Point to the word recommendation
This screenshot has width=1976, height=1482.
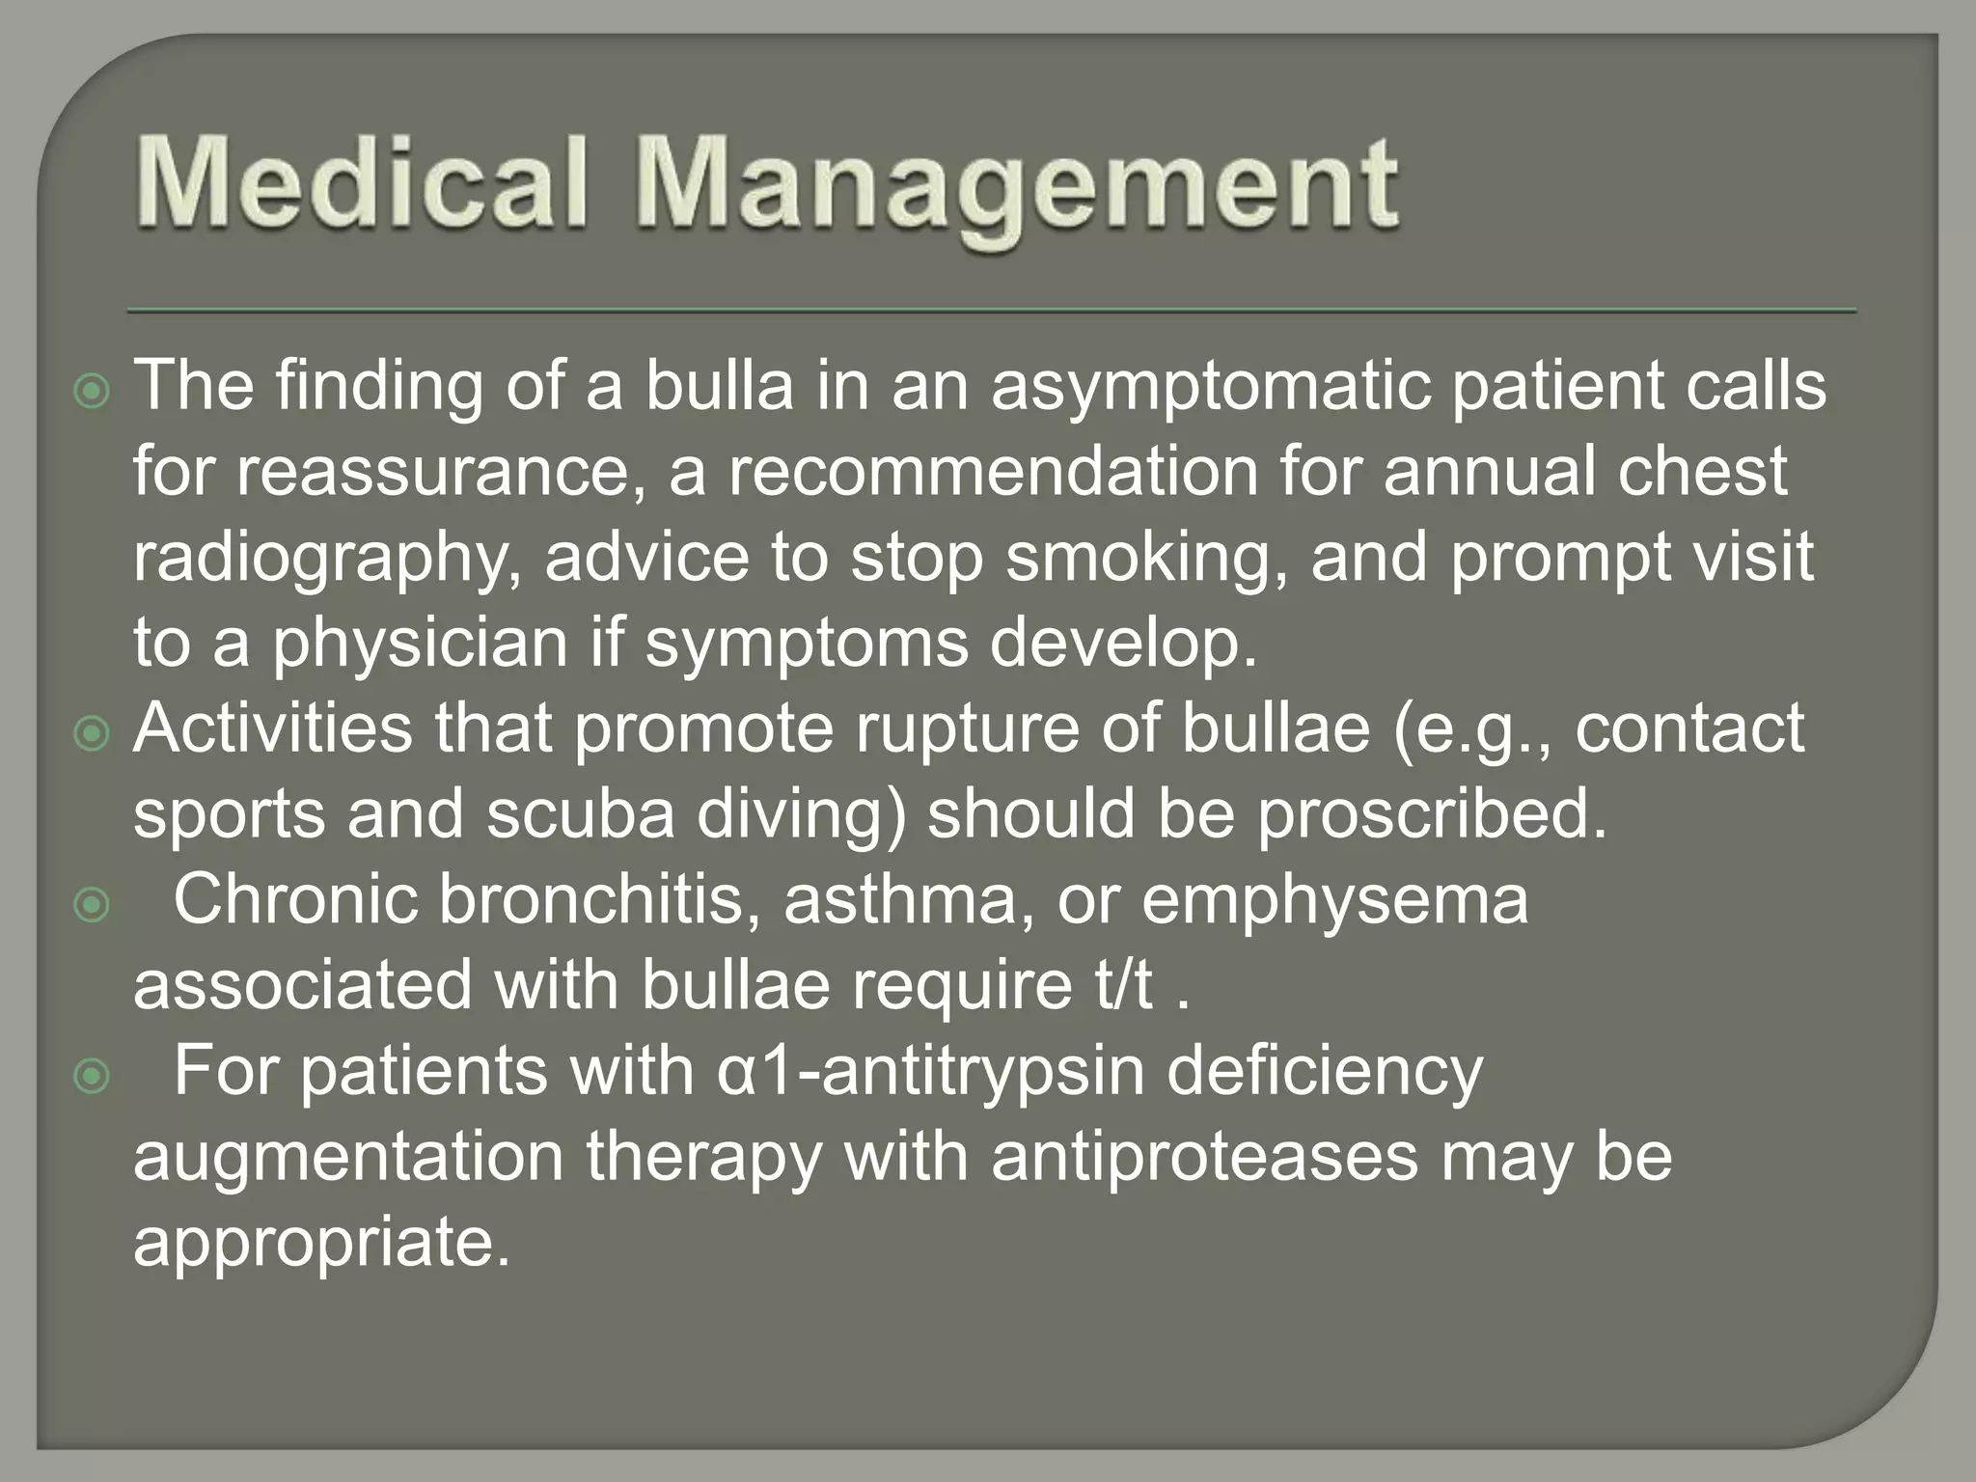coord(993,473)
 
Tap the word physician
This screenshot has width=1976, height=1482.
coord(420,645)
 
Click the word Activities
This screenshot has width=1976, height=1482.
coord(273,728)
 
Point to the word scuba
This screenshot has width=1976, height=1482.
coord(579,814)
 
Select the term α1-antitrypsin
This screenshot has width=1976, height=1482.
coord(930,1072)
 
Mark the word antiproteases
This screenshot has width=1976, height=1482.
coord(1204,1157)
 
